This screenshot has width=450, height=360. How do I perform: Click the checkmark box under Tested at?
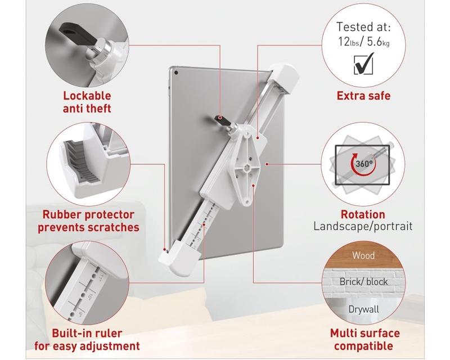click(364, 64)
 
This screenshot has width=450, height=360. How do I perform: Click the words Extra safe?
click(363, 96)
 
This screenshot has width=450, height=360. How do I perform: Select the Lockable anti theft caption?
click(87, 102)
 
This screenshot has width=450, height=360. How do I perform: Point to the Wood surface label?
click(363, 255)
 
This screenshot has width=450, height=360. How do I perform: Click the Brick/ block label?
click(363, 282)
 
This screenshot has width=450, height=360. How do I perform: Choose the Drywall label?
click(363, 309)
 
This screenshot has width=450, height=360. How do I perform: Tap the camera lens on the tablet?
click(176, 73)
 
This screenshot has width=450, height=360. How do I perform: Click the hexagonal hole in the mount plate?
click(246, 168)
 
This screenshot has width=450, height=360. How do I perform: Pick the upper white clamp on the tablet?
click(283, 78)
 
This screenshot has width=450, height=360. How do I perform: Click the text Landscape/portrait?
click(363, 226)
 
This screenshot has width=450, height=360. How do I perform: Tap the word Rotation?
click(363, 214)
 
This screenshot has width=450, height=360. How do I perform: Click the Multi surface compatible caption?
click(364, 340)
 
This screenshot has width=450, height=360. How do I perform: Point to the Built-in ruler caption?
click(87, 340)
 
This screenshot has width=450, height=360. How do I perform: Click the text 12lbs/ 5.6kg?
click(363, 42)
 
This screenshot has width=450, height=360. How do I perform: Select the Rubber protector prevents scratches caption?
click(88, 221)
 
